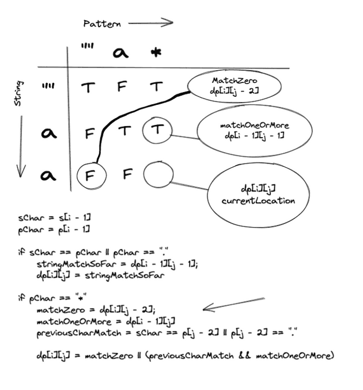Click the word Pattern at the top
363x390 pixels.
click(102, 24)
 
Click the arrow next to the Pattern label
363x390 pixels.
click(150, 23)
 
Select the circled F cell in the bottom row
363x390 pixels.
click(89, 175)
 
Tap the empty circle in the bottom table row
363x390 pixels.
click(157, 175)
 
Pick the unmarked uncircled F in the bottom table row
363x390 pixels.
click(122, 175)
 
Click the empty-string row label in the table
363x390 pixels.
click(48, 88)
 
